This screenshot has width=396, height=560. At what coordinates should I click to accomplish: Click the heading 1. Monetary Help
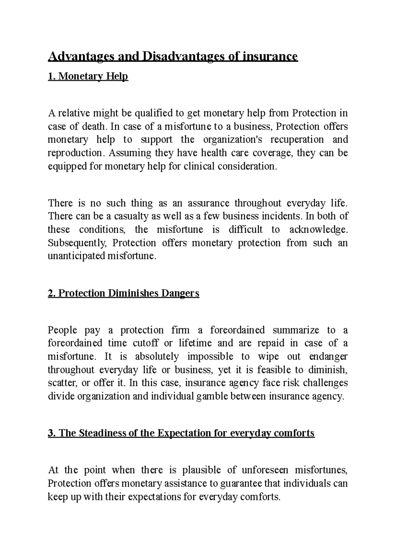tap(88, 77)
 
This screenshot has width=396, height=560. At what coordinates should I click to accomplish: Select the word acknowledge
tap(318, 230)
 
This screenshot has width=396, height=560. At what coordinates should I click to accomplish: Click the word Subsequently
tap(78, 243)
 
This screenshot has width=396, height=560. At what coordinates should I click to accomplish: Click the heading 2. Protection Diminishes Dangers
tap(123, 293)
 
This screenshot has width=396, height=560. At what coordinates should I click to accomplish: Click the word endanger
tap(328, 357)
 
